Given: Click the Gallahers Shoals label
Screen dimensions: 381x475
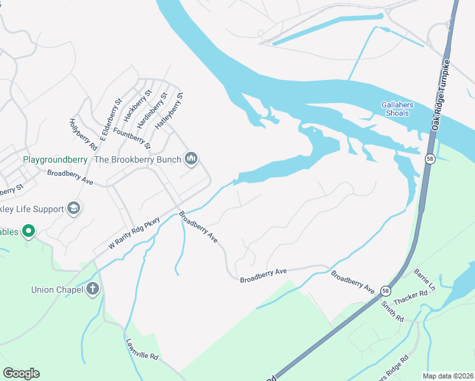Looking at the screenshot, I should coord(395,109).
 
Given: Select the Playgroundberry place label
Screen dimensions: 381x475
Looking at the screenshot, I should coord(55,159).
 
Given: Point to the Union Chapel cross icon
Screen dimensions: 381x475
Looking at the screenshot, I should coord(93,290).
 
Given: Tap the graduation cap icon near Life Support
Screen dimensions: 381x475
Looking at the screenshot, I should coord(74,209).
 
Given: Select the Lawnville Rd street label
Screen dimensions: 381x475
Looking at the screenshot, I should coord(141,348).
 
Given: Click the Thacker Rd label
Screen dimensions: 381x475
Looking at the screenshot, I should coord(410,296).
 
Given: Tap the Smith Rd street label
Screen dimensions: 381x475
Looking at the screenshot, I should coord(393,310).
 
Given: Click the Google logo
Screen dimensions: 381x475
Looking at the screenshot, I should coord(21,373).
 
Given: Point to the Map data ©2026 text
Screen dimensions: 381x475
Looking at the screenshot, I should coord(447,376).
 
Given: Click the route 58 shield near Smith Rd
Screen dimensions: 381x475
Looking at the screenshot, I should coord(386,291).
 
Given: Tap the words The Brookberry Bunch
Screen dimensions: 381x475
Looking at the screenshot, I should coord(138,159).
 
